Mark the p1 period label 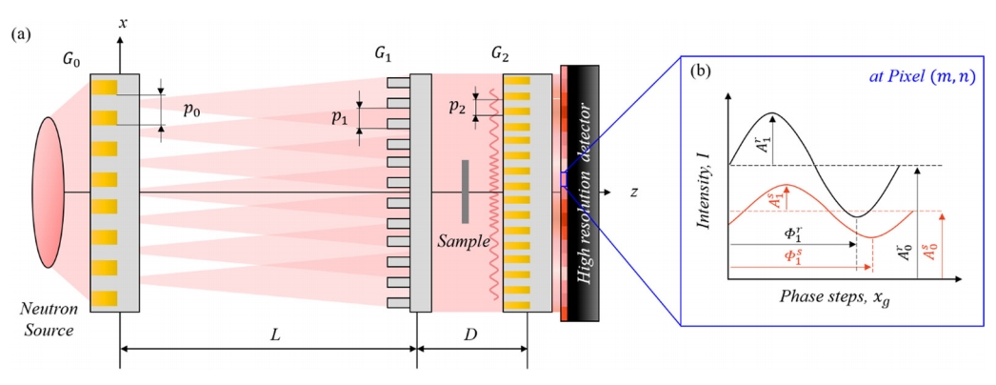tap(337, 118)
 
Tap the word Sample tap(462, 242)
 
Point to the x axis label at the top tap(123, 18)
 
